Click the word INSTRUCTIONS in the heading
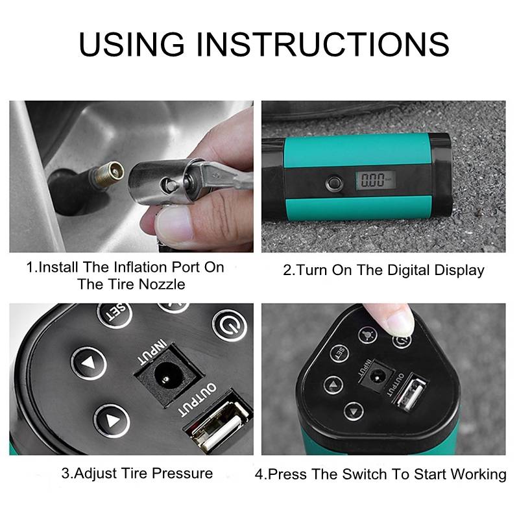[x=322, y=43]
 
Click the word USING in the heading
[x=132, y=43]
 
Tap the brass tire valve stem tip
[x=110, y=173]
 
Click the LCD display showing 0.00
[x=376, y=180]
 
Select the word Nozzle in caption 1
[x=162, y=284]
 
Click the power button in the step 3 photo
[x=230, y=326]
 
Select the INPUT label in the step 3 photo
[x=152, y=352]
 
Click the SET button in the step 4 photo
[x=339, y=354]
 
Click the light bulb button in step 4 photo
[x=367, y=334]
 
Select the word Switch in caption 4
[x=365, y=474]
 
